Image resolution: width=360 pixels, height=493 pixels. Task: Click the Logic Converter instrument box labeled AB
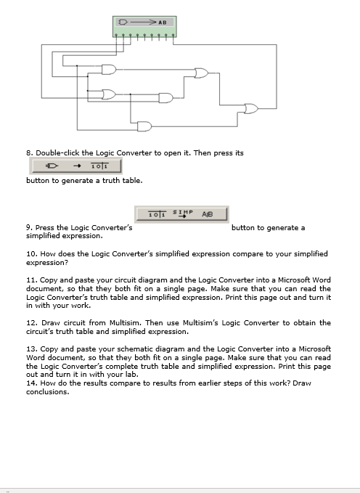(144, 27)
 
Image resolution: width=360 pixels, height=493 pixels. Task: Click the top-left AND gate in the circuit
(110, 70)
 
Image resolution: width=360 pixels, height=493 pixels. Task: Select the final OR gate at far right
(251, 109)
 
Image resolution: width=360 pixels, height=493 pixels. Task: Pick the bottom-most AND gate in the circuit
(144, 126)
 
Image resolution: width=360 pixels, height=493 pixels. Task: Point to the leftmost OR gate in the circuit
(109, 94)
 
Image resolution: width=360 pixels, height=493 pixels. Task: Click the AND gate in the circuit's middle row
(166, 97)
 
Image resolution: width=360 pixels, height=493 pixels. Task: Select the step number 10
(30, 254)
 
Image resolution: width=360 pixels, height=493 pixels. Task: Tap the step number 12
(30, 322)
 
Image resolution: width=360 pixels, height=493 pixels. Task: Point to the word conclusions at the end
(48, 392)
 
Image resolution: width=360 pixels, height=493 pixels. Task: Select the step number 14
(30, 383)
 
